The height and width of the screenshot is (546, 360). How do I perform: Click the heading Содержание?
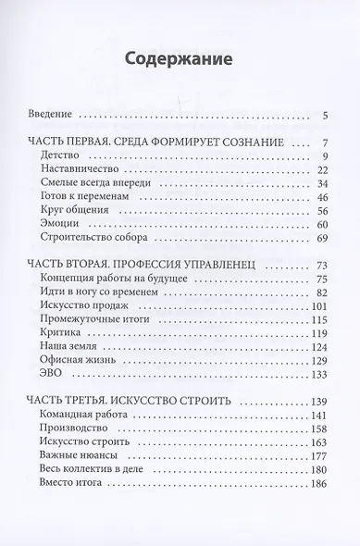180,61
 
